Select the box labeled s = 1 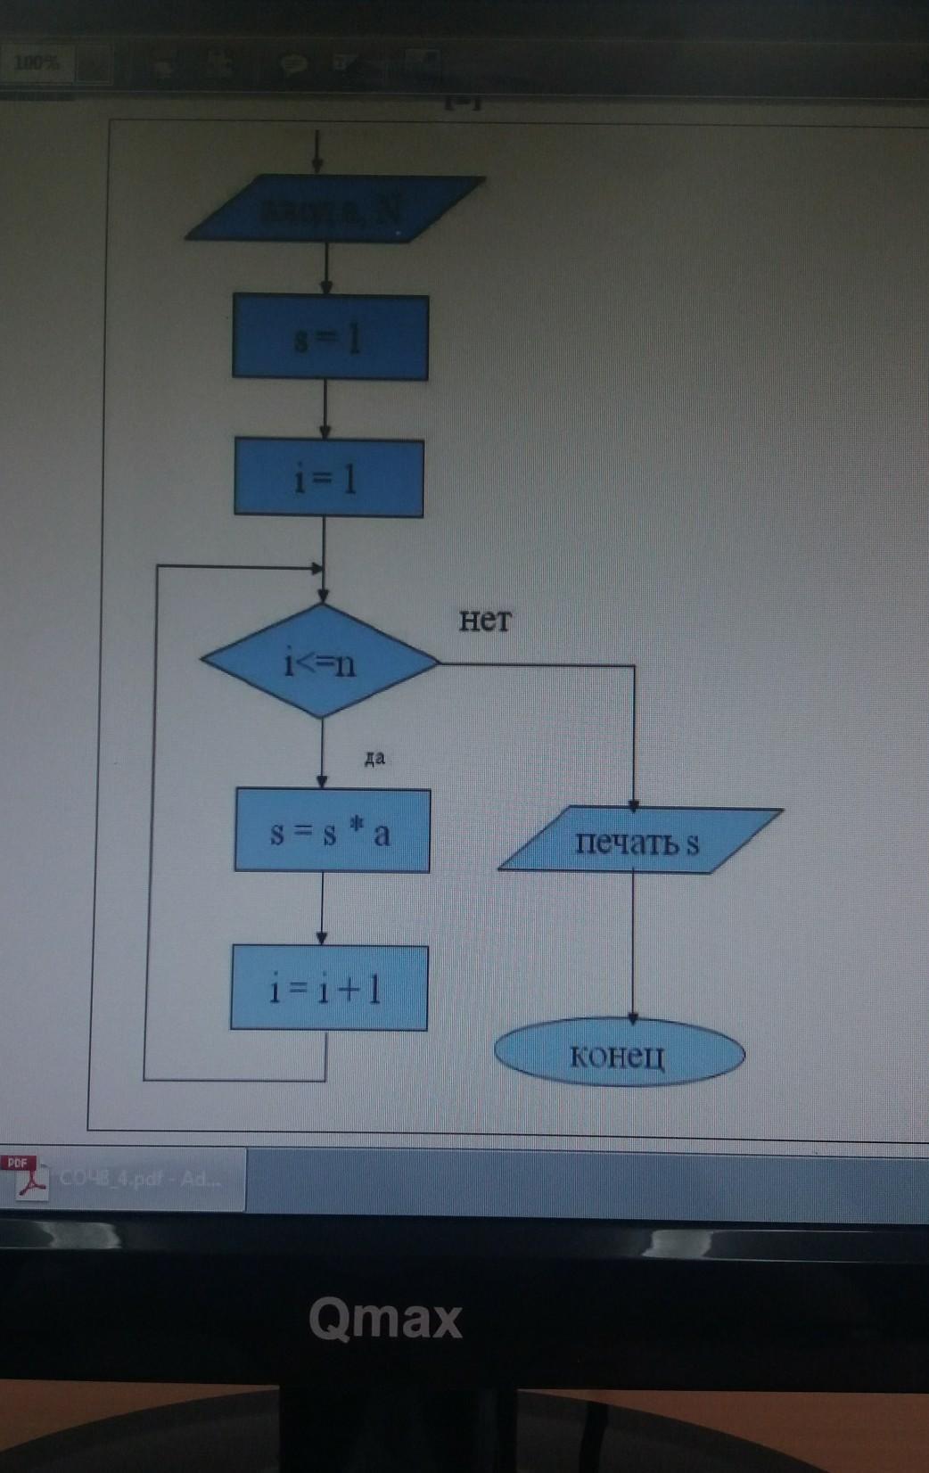coord(330,338)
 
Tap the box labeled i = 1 coord(328,478)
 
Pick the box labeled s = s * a coord(332,831)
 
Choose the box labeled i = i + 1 coord(328,988)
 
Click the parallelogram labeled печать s coord(638,840)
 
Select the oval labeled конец coord(619,1055)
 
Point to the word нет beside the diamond coord(485,620)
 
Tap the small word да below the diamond coord(374,759)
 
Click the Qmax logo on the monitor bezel coord(385,1318)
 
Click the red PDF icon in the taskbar coord(27,1177)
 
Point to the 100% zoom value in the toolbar coord(37,63)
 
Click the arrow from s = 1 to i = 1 coord(325,408)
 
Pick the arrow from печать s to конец coord(633,945)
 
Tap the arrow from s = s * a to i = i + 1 coord(322,908)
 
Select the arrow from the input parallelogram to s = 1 coord(327,267)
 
